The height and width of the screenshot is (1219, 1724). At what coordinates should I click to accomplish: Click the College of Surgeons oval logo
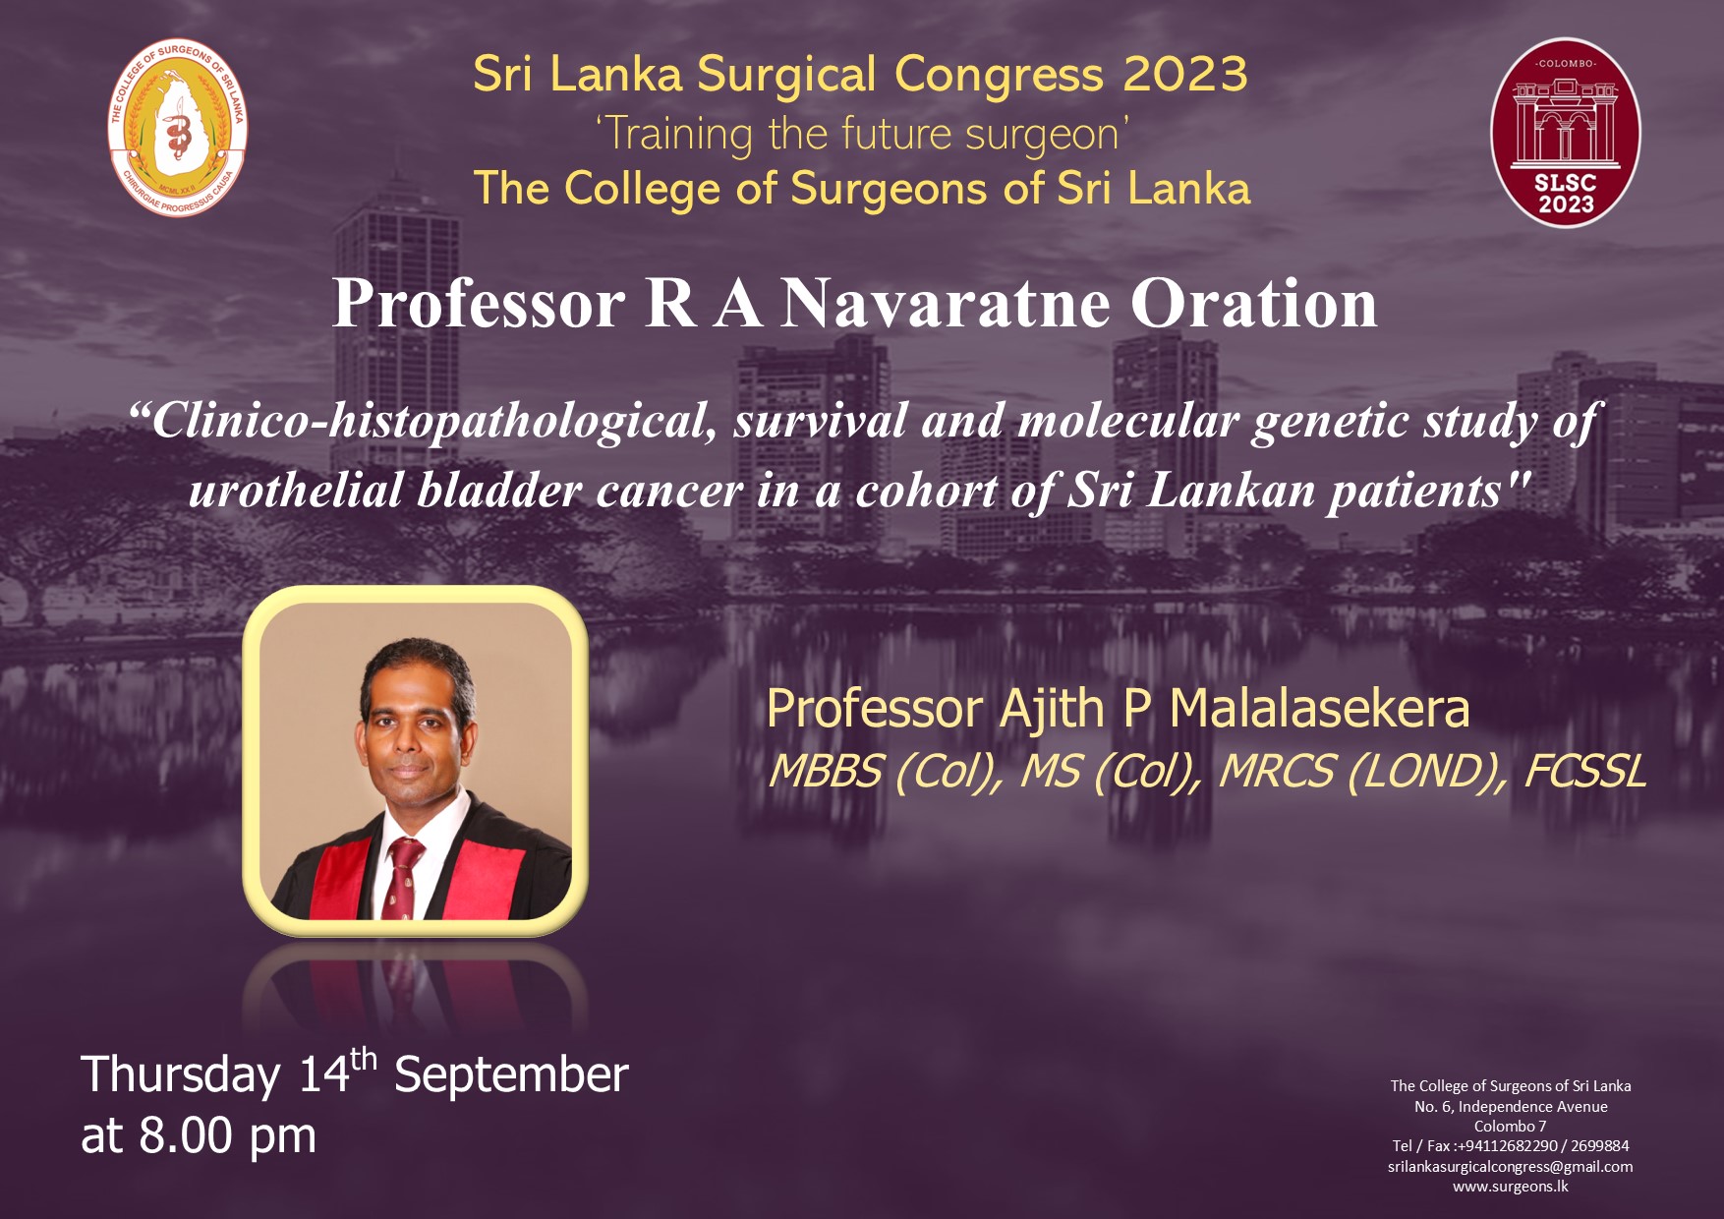177,127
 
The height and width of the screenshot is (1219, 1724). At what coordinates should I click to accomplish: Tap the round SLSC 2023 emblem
1566,133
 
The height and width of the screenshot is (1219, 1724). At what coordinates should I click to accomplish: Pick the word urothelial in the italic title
296,491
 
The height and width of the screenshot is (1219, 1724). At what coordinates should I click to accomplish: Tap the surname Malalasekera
1319,709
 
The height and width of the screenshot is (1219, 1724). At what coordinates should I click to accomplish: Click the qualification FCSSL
1584,772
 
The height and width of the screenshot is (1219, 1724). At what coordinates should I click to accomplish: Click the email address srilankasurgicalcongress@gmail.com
1511,1167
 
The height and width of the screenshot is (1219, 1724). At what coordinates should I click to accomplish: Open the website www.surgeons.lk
1511,1187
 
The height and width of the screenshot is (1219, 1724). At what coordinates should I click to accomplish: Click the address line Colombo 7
1511,1127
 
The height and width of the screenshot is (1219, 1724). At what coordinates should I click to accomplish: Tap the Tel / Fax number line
1511,1146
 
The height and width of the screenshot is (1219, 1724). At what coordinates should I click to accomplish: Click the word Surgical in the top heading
787,76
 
